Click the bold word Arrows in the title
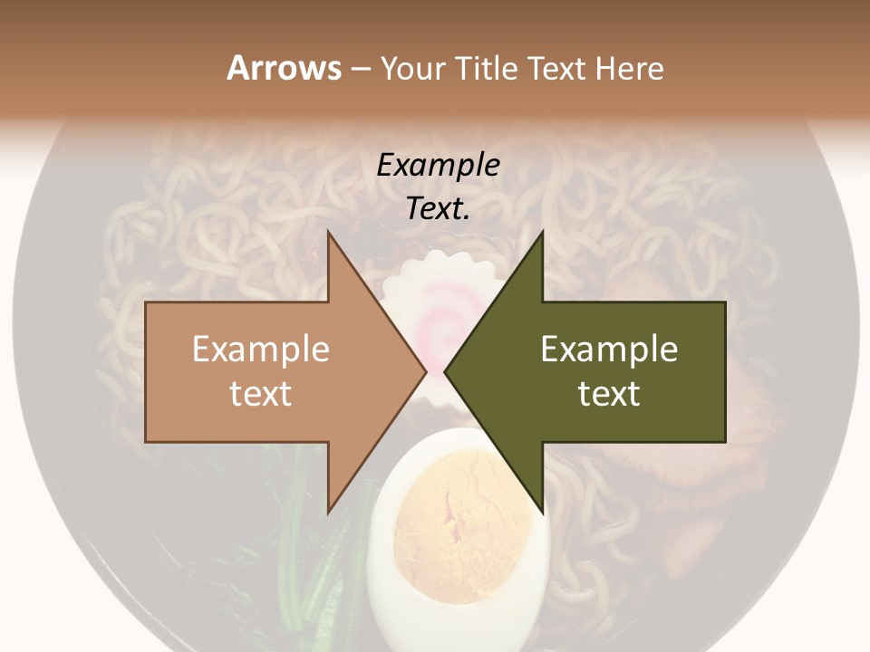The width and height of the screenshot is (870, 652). coord(283,68)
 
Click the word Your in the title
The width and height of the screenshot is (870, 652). coord(412,69)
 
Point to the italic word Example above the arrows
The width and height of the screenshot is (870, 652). coord(439,165)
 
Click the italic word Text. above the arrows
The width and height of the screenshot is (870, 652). coord(439,209)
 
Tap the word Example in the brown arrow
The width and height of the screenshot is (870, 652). coord(261,349)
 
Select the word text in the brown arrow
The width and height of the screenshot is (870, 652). coord(261,393)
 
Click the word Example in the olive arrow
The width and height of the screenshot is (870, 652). coord(609,349)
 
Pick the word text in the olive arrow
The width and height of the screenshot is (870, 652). coord(609,393)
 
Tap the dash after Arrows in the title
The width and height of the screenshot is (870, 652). coord(360,69)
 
